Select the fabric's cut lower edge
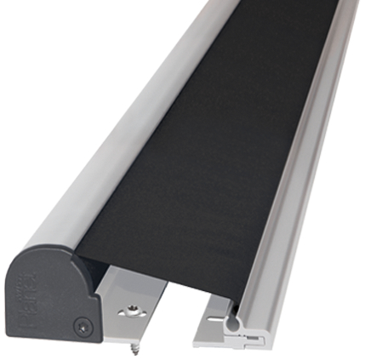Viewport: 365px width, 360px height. point(162,277)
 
